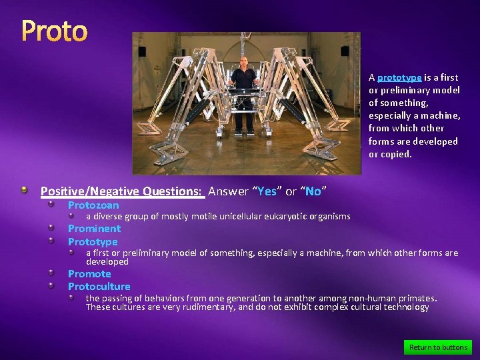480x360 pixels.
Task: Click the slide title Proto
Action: (x=55, y=31)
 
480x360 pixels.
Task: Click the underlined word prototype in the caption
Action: (x=399, y=77)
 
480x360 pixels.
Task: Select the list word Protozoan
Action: (x=93, y=205)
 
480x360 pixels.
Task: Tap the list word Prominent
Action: (x=94, y=229)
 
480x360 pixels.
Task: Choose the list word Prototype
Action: (x=93, y=241)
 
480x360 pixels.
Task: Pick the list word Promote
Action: (x=89, y=274)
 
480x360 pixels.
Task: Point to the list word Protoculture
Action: (x=99, y=287)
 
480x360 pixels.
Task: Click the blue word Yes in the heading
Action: (x=267, y=191)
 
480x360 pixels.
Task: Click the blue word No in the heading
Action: (x=313, y=191)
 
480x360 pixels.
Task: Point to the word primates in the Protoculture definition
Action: (x=417, y=298)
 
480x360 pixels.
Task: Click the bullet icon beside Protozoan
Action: (x=59, y=205)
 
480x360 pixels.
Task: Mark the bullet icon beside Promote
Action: (x=59, y=274)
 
